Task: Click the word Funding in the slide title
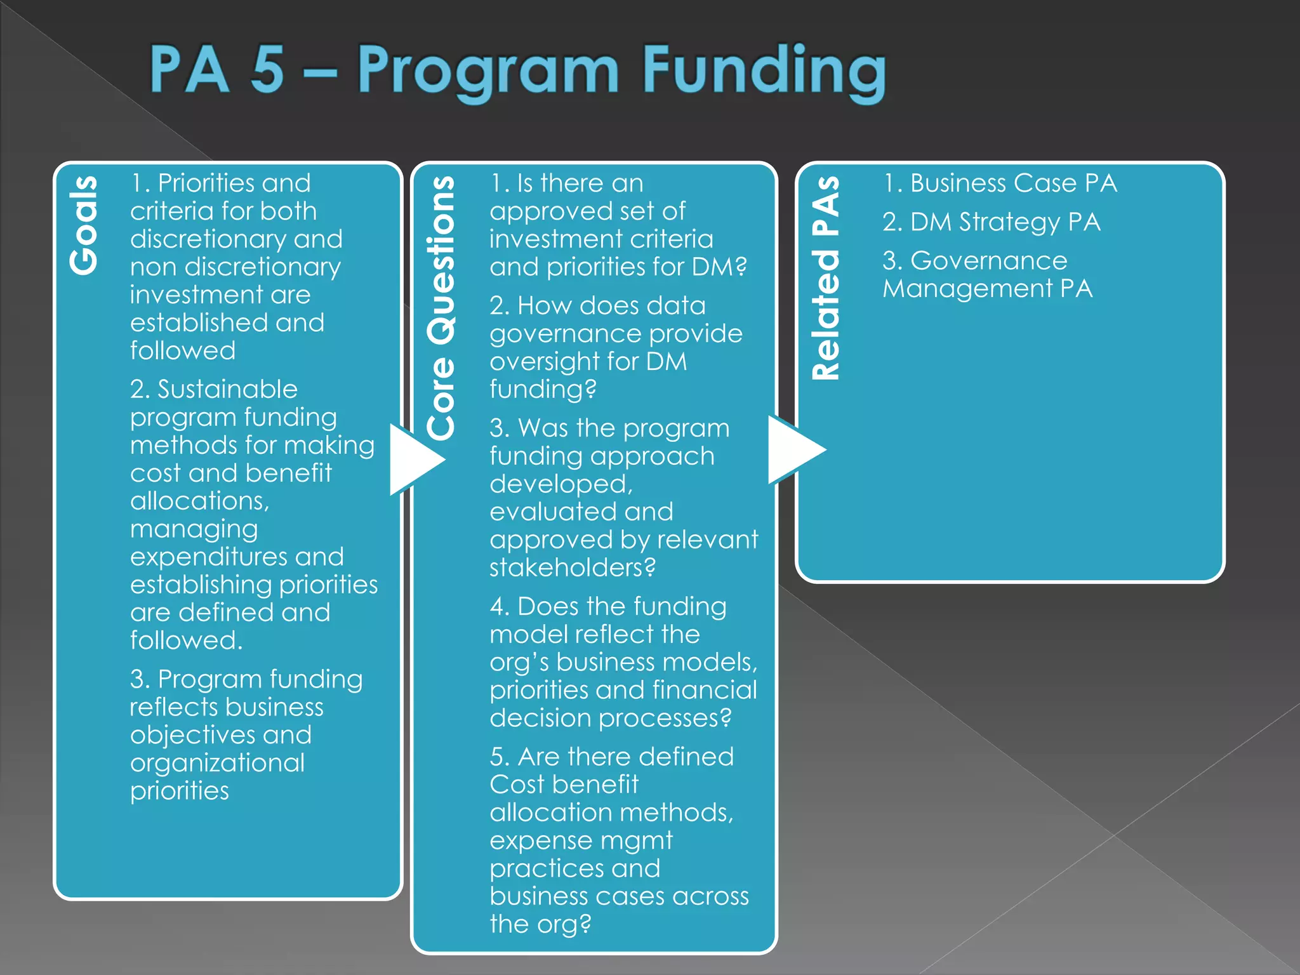[x=764, y=71]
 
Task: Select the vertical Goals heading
[x=84, y=225]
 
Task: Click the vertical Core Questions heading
[x=441, y=308]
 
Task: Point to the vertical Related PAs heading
[x=826, y=277]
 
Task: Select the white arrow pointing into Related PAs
[x=793, y=449]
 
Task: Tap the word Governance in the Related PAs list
[x=988, y=261]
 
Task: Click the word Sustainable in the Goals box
[x=227, y=389]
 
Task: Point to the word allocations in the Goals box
[x=199, y=501]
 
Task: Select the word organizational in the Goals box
[x=217, y=763]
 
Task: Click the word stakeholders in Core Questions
[x=571, y=567]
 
